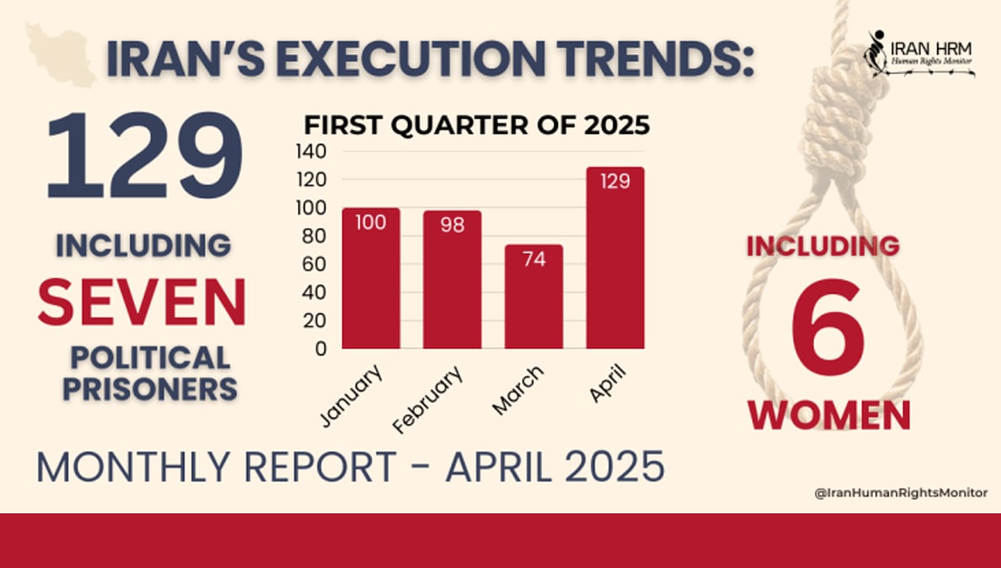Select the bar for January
pos(371,279)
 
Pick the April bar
pos(615,257)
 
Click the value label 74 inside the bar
pos(533,259)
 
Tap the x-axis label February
pos(428,399)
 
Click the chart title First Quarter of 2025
pos(477,126)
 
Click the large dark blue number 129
pos(144,157)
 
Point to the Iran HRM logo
pos(921,56)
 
